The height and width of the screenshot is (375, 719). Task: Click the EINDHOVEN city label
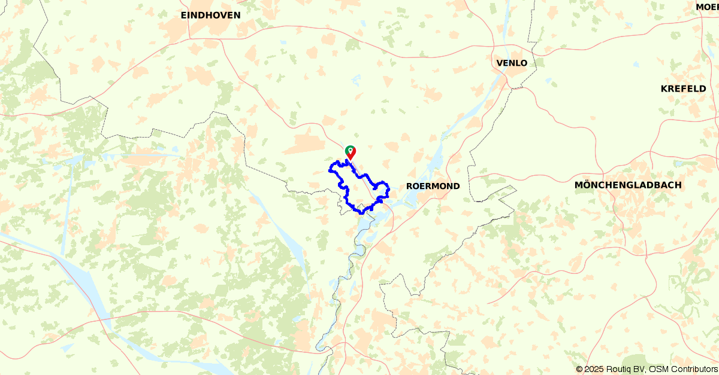point(210,16)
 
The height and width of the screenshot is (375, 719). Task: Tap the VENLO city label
point(512,63)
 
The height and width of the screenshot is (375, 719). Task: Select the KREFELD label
point(683,89)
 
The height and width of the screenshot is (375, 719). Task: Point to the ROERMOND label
point(433,186)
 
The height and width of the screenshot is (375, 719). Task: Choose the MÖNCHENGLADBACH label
point(628,185)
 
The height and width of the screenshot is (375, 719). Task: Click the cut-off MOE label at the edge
point(707,7)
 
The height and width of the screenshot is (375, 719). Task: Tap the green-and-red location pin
point(350,152)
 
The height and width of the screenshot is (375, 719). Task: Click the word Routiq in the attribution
point(621,370)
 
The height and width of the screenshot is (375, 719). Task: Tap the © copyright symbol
point(579,370)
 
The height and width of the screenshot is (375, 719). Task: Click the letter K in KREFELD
point(664,89)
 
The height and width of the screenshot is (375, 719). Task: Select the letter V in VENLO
point(500,63)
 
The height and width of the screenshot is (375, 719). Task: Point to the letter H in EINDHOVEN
point(208,16)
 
